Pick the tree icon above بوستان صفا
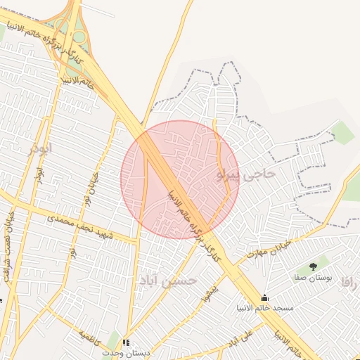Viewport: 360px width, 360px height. (x=313, y=266)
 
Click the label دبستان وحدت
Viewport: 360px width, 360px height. (x=124, y=352)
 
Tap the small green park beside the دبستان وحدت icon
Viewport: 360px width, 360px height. (x=113, y=339)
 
